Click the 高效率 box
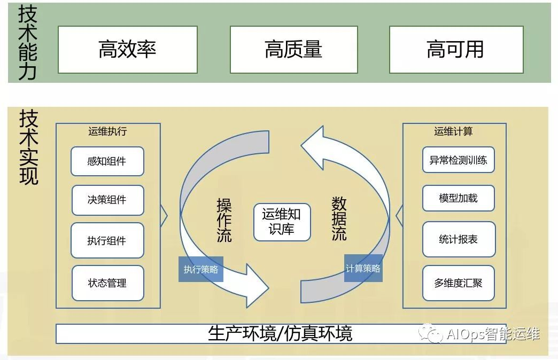(127, 50)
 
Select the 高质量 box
(293, 50)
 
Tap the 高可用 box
(455, 50)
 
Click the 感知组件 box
(107, 161)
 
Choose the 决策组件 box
(107, 200)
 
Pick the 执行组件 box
(107, 240)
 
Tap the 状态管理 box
(107, 283)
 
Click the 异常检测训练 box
(458, 160)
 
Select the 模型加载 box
(458, 198)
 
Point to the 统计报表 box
(458, 239)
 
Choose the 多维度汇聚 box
(458, 283)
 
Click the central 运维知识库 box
(282, 222)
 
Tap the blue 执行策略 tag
(201, 270)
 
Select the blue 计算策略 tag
(363, 268)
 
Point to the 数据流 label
(339, 218)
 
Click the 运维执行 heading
(107, 131)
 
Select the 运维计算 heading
(453, 131)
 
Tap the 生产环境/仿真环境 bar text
(280, 334)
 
